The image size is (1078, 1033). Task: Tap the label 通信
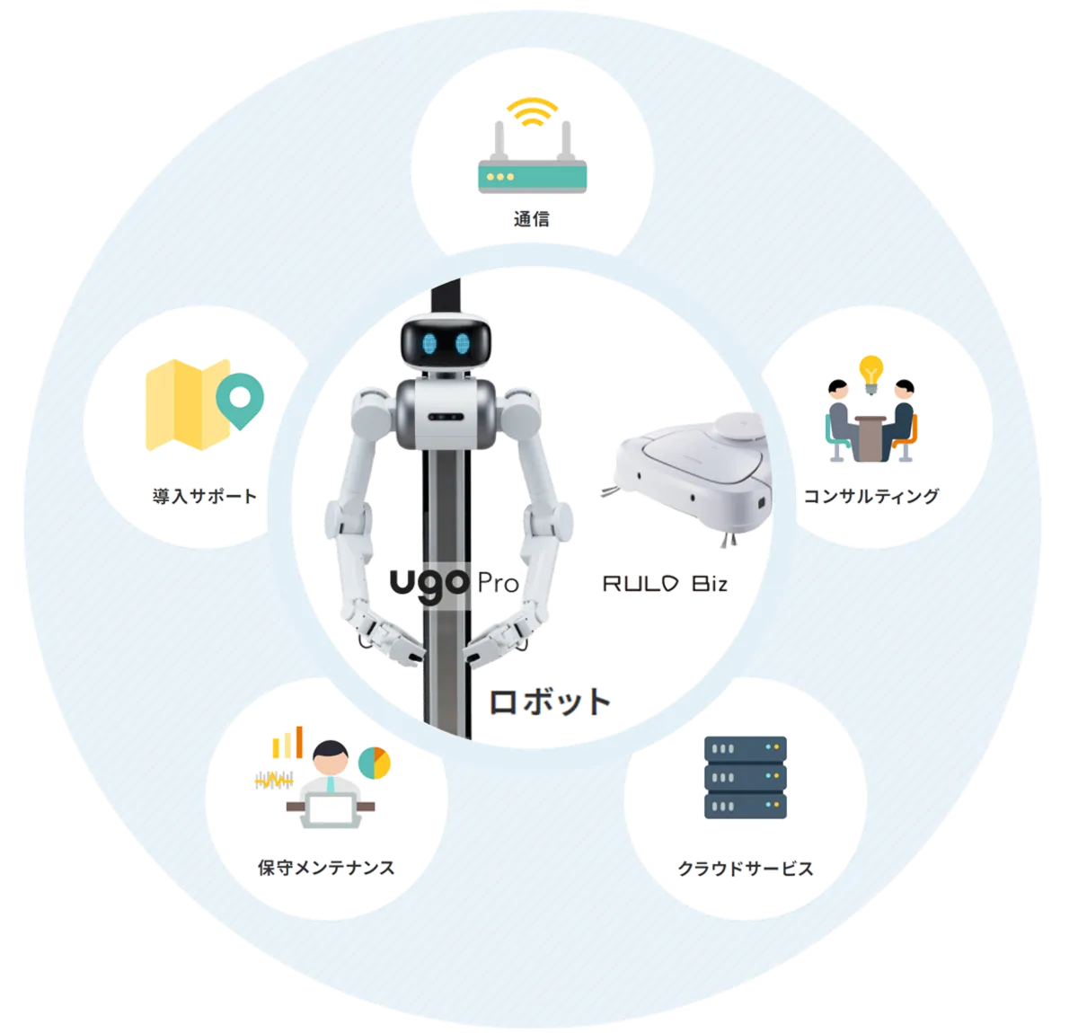click(530, 218)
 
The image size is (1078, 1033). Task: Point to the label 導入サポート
click(205, 496)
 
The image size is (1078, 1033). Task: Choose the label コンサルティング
click(870, 496)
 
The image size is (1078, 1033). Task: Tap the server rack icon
click(746, 778)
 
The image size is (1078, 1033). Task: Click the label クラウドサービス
click(745, 869)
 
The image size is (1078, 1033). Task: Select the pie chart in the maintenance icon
click(376, 763)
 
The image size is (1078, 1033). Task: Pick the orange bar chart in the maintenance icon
click(287, 743)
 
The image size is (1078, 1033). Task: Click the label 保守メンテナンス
click(326, 867)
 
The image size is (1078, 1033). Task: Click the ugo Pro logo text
click(454, 583)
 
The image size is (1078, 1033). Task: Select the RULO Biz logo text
click(665, 585)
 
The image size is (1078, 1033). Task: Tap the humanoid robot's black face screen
click(446, 342)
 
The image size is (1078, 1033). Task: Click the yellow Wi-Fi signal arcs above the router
click(530, 111)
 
